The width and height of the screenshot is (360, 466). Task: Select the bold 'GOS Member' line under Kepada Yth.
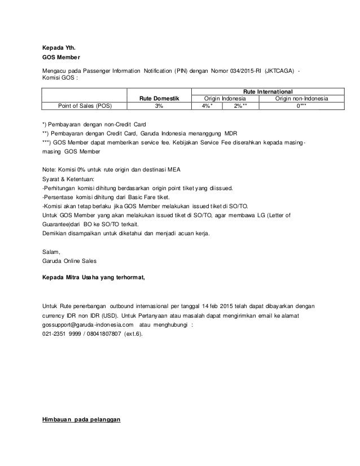click(x=62, y=58)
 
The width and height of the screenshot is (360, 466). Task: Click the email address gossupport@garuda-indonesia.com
click(x=87, y=326)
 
